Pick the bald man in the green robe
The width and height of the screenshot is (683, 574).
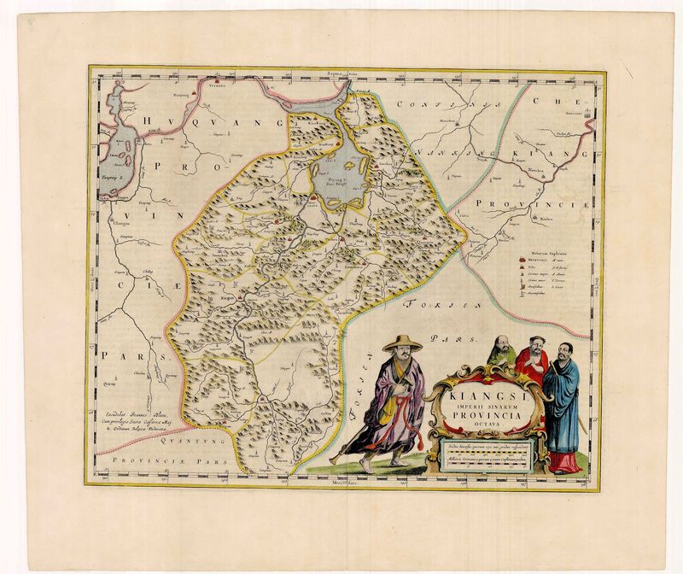click(503, 350)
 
